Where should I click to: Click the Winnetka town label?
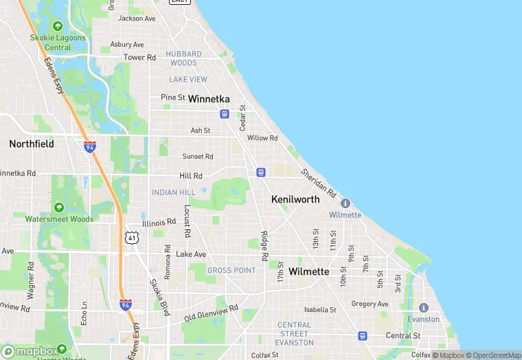tap(209, 99)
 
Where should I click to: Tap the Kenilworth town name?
tap(295, 199)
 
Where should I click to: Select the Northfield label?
tap(31, 144)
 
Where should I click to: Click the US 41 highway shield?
tap(132, 237)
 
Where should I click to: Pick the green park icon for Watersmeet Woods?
tap(59, 207)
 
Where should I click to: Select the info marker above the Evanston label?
tap(423, 307)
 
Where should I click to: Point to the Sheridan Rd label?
tap(318, 182)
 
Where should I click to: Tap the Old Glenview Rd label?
tap(211, 313)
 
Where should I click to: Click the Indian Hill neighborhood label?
tap(174, 192)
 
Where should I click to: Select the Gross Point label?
tap(231, 271)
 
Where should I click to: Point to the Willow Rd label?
tap(262, 138)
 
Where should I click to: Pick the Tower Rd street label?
tap(139, 57)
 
